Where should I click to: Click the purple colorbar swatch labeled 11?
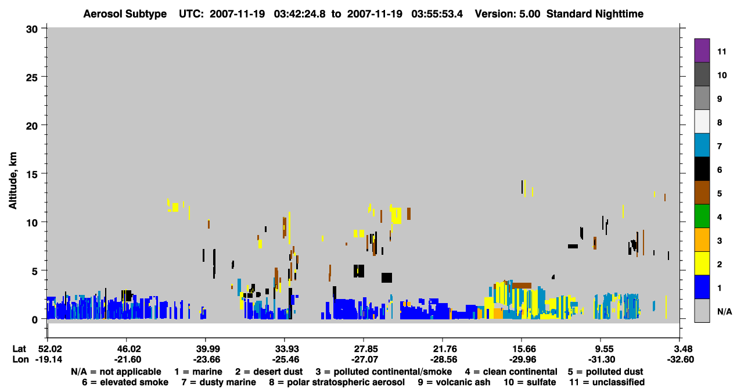pos(702,50)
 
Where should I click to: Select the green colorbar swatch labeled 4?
pos(702,216)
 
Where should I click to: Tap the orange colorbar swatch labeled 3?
pos(702,240)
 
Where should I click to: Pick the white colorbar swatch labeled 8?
pos(702,121)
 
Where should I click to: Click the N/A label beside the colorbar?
pos(724,311)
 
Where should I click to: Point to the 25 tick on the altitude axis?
pos(32,77)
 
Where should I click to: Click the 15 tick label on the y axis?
pos(32,175)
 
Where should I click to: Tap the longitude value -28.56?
pos(443,359)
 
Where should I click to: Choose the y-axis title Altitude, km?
pos(13,180)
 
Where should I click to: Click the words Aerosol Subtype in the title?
pos(125,14)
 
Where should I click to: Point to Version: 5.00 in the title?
pos(507,14)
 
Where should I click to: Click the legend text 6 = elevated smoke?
pos(125,382)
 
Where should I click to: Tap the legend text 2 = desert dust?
pos(269,372)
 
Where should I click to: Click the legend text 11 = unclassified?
pos(607,382)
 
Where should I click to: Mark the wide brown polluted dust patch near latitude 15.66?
pos(522,286)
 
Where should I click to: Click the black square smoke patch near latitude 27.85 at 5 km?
pos(359,271)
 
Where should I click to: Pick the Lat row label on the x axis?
pos(19,349)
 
